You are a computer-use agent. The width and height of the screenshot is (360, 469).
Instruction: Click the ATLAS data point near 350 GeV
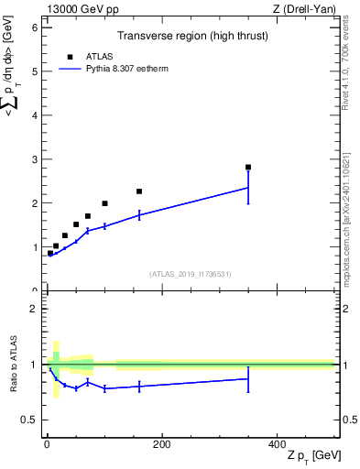coord(248,168)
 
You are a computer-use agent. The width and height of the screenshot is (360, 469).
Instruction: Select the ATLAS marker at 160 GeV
coord(139,191)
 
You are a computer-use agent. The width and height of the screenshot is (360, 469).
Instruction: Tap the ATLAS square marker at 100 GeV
coord(104,203)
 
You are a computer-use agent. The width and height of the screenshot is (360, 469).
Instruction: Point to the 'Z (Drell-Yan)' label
coord(304,9)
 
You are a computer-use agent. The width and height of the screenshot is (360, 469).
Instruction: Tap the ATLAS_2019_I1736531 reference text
coord(191,274)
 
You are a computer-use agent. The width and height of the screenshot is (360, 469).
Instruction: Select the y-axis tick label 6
coord(34,27)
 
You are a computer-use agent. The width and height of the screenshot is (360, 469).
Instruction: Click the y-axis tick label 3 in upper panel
coord(34,159)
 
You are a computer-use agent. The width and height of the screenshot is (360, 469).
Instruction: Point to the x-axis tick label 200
coord(161,444)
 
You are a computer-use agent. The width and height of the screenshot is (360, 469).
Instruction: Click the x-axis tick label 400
coord(277,444)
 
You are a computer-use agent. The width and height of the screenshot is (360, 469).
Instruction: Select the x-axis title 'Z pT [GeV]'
coord(312,456)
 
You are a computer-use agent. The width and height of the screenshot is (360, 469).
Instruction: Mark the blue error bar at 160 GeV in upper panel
coord(139,215)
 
